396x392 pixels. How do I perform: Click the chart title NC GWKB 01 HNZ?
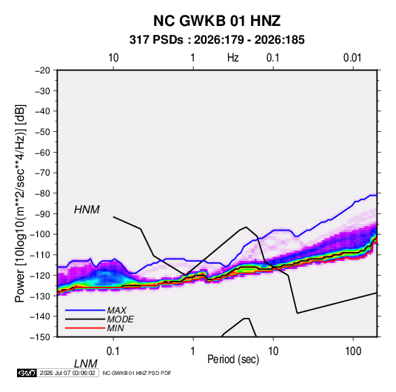tap(217, 21)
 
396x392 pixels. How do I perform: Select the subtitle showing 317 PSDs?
tap(217, 40)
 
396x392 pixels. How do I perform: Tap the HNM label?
tap(87, 210)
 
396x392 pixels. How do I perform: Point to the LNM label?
tap(86, 364)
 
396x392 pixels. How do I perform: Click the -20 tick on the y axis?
tap(42, 70)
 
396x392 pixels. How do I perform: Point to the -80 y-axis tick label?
tap(42, 193)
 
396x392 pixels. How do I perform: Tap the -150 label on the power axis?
tap(40, 337)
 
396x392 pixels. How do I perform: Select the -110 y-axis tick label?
tap(40, 255)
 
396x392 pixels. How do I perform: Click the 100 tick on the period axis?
tap(353, 351)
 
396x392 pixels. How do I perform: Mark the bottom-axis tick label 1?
tap(193, 351)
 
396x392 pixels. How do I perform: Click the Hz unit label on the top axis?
tap(233, 58)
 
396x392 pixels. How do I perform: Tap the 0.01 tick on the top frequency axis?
tap(352, 58)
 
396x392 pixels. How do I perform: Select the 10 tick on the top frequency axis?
tap(113, 58)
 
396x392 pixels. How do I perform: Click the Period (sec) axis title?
tap(233, 359)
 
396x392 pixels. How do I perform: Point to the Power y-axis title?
tap(20, 204)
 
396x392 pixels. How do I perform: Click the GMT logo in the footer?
tap(27, 373)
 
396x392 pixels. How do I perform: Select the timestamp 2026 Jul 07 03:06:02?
tap(67, 373)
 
